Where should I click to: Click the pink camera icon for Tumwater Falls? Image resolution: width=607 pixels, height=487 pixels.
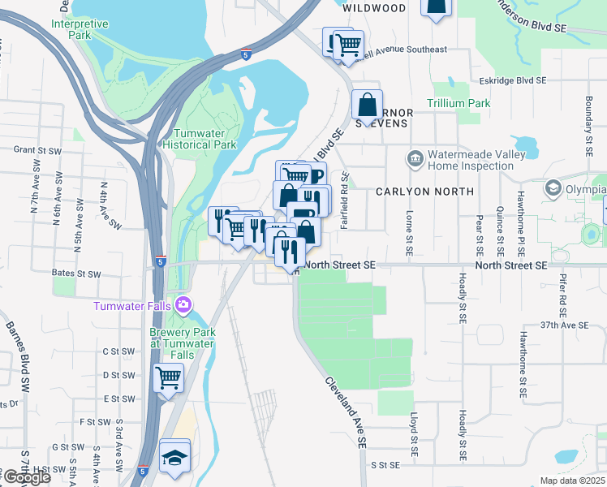(x=184, y=305)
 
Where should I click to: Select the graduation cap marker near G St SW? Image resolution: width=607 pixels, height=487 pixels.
(x=174, y=455)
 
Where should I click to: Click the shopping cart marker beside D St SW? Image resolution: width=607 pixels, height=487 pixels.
(x=168, y=377)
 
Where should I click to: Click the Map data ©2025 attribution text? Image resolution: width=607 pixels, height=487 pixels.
(x=572, y=481)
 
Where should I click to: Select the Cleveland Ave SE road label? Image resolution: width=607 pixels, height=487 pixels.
(x=346, y=412)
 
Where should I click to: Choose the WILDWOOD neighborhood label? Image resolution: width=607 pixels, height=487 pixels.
(x=374, y=8)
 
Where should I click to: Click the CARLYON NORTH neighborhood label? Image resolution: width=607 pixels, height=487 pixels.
(x=424, y=192)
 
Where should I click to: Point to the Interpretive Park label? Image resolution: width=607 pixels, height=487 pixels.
(x=80, y=29)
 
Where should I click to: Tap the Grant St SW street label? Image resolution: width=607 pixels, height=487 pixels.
(x=38, y=150)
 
